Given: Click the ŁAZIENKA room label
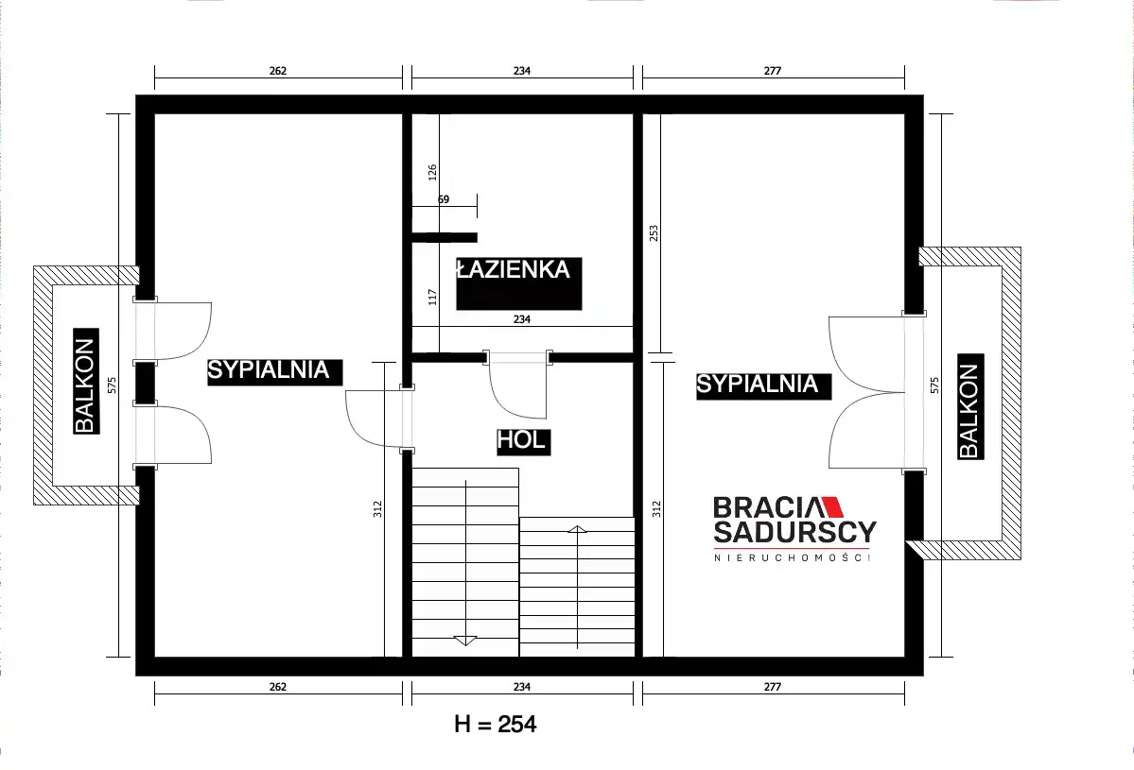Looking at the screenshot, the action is tap(514, 270).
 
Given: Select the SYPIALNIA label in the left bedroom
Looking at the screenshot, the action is tap(269, 369).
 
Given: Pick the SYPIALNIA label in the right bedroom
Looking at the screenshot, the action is tap(758, 384).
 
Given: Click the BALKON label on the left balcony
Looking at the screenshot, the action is tap(85, 385).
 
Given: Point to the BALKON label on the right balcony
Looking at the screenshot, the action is tap(969, 410).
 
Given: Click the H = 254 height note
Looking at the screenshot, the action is tap(496, 724).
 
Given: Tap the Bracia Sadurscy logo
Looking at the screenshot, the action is tap(794, 528).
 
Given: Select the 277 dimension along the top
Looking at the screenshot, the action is tap(773, 71).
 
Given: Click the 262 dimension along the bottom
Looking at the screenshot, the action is tap(278, 687).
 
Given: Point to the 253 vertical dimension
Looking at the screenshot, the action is tap(654, 232).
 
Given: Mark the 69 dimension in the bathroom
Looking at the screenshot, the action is tap(444, 199).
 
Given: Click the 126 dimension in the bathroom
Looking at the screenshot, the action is tap(432, 172).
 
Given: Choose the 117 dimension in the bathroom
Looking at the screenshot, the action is tap(432, 296).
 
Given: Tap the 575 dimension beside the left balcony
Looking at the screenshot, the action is tap(112, 385).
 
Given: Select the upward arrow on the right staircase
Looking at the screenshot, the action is tap(577, 529).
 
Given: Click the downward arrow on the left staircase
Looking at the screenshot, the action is tap(465, 640).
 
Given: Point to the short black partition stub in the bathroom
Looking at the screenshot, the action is tap(445, 238).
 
